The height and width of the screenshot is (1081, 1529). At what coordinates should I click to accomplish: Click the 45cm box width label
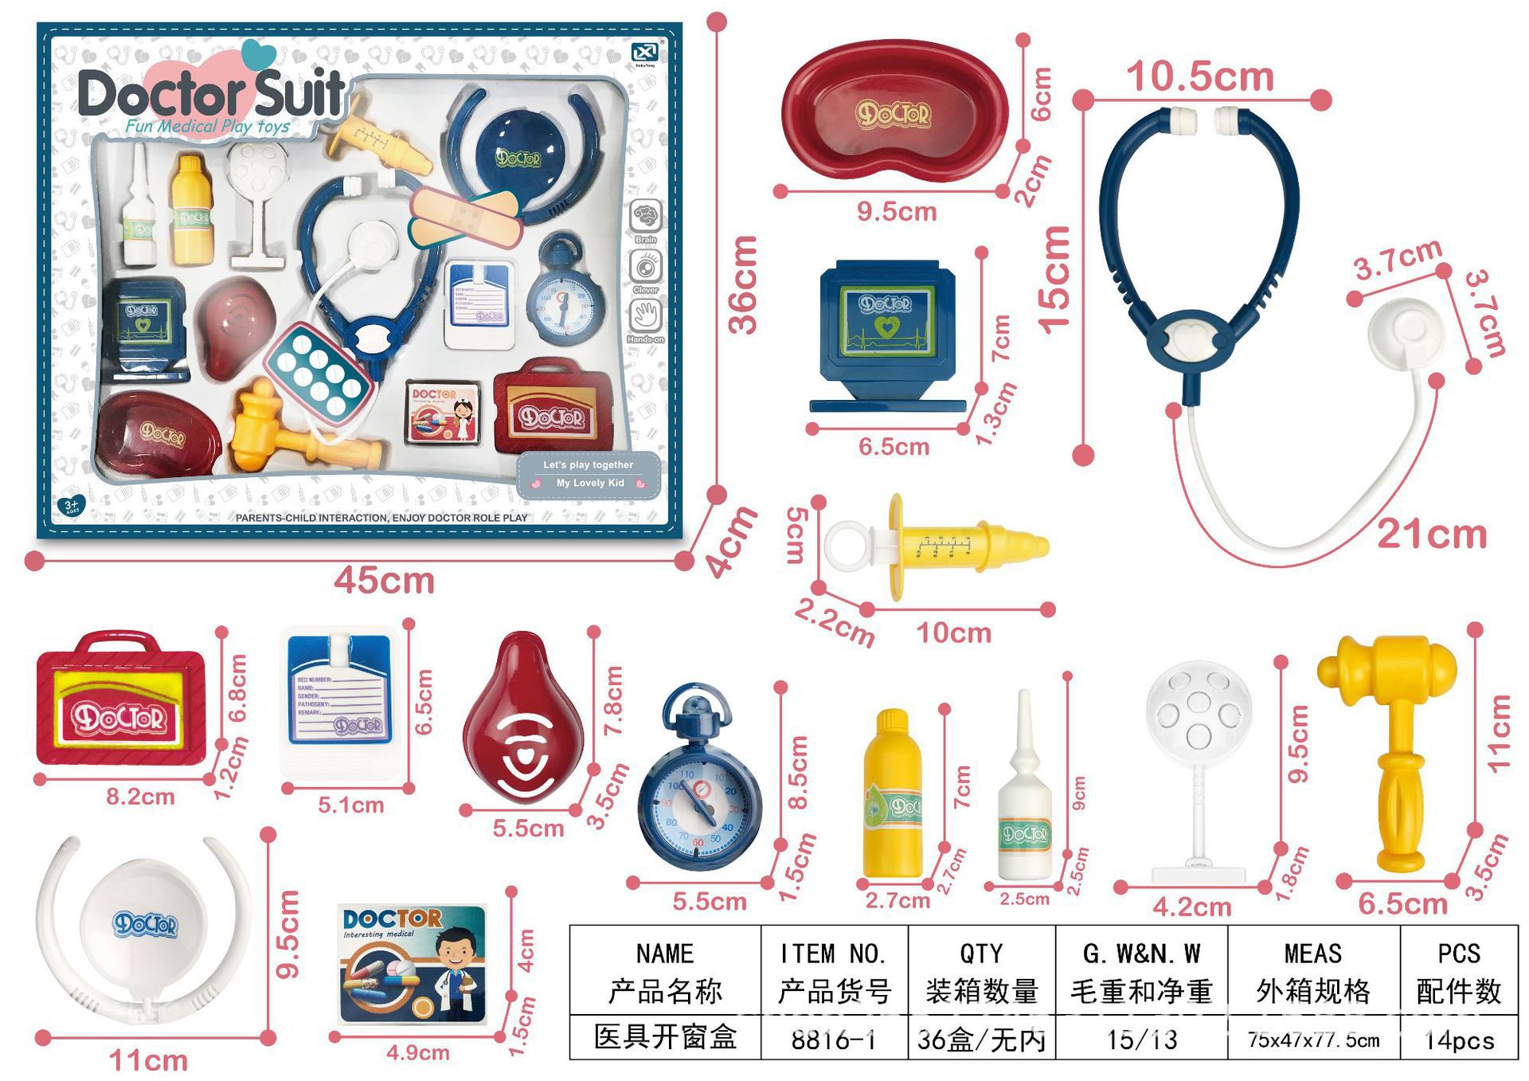(384, 580)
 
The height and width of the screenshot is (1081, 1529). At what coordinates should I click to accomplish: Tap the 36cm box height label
(744, 284)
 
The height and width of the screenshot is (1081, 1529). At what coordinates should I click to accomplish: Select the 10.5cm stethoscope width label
(1199, 77)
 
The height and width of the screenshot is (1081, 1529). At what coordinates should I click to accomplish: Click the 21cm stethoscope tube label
(1431, 534)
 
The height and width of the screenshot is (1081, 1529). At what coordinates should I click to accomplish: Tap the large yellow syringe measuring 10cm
(937, 546)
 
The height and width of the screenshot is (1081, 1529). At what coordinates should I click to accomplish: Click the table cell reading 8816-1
(833, 1039)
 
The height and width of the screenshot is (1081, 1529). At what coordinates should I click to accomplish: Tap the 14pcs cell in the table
(1458, 1039)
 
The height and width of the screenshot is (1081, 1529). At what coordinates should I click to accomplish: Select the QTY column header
(981, 954)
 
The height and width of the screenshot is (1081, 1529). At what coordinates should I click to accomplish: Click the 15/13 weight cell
(1141, 1039)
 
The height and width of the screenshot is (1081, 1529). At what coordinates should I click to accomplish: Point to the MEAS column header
(1312, 954)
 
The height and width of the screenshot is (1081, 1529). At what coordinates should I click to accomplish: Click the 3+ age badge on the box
(72, 506)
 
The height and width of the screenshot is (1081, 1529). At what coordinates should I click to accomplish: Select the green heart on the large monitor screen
(886, 326)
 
